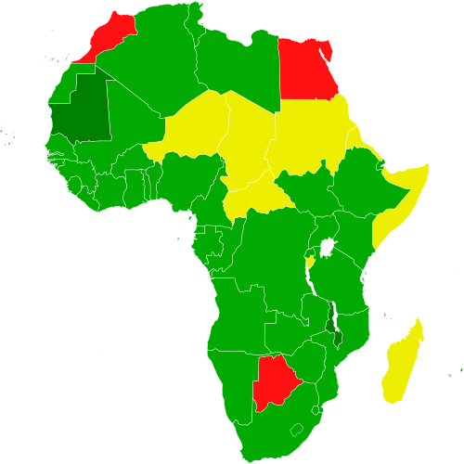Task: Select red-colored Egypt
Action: click(306, 70)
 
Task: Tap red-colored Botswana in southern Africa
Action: click(273, 380)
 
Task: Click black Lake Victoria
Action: click(327, 248)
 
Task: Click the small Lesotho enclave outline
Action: click(299, 430)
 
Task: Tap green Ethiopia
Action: click(357, 181)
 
